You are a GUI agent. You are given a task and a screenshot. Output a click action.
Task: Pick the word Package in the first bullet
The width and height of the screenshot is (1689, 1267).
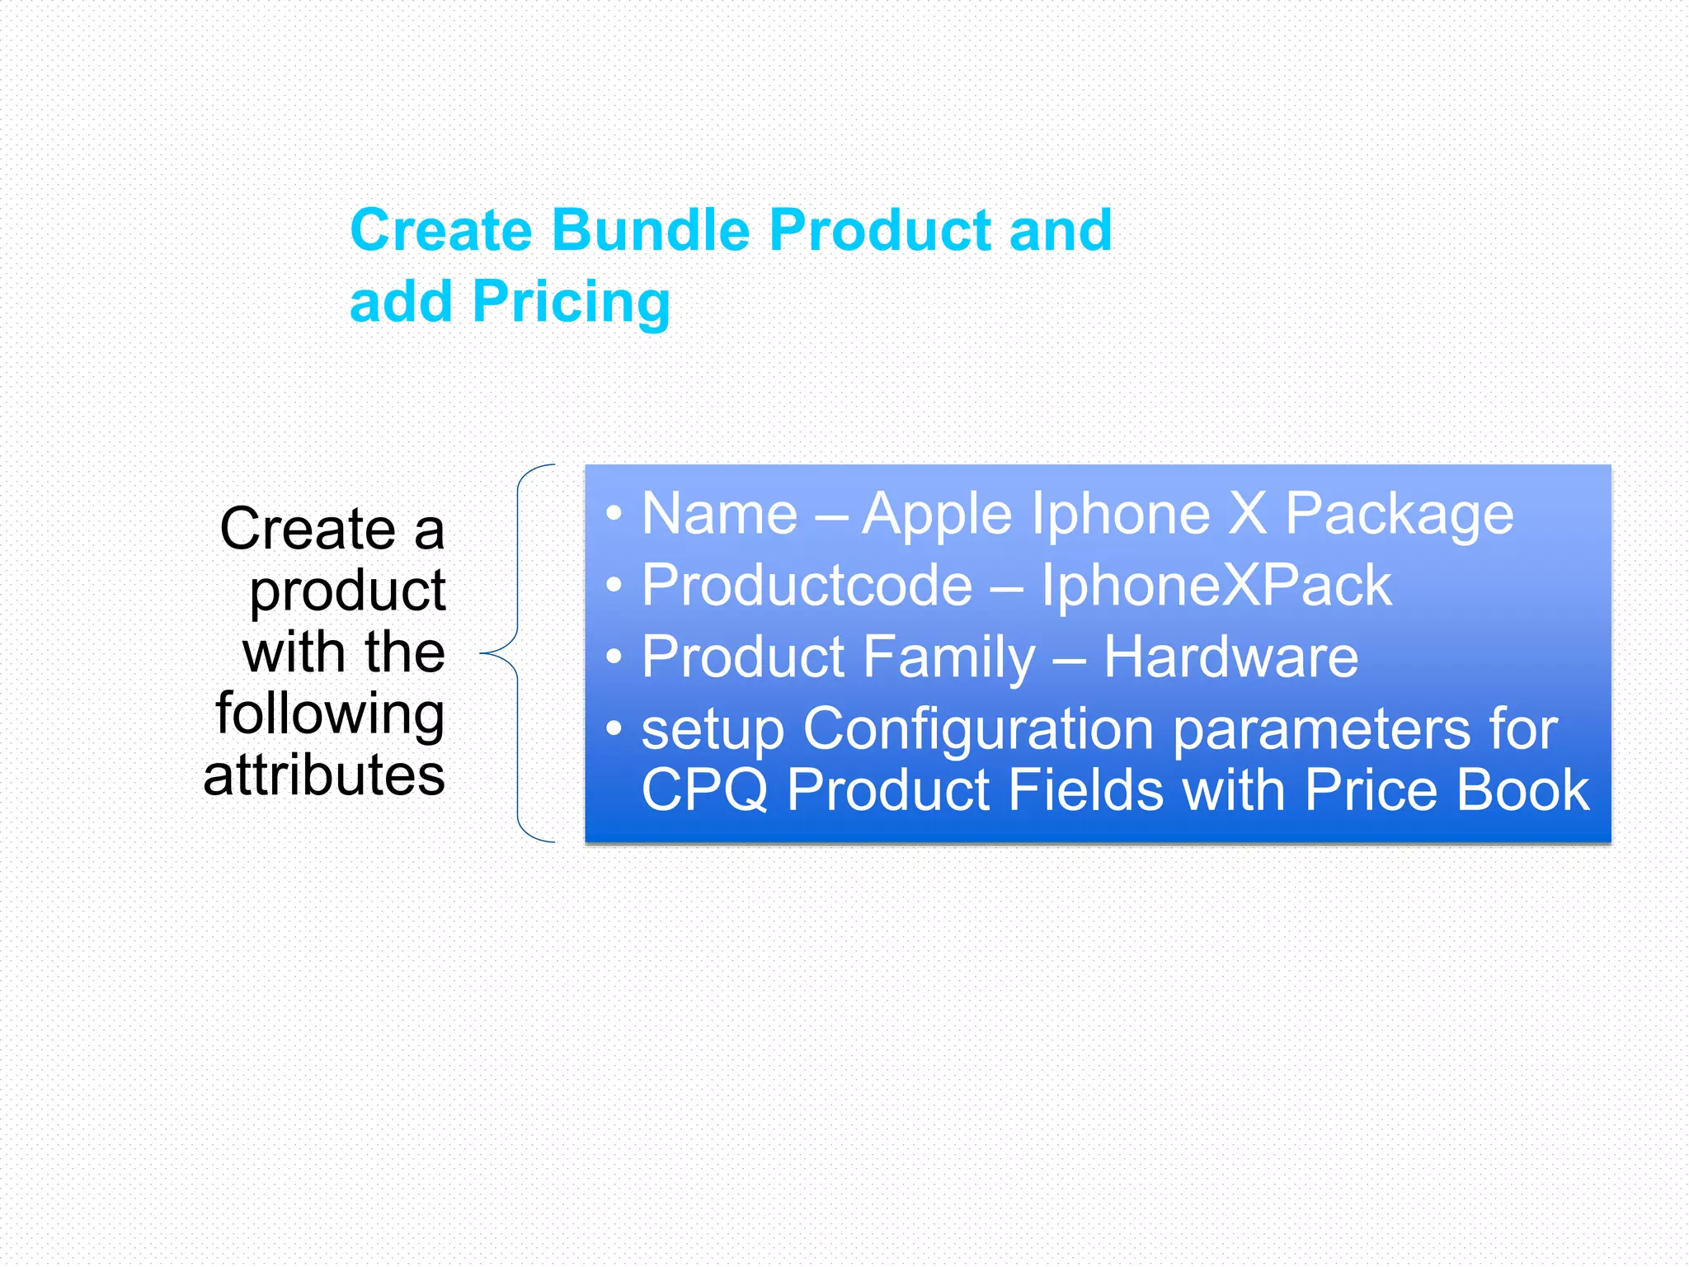pyautogui.click(x=1400, y=515)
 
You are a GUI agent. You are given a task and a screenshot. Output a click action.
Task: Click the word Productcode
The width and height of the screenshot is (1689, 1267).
pyautogui.click(x=807, y=586)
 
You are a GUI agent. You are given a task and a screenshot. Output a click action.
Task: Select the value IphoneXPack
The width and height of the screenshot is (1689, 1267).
pyautogui.click(x=1216, y=586)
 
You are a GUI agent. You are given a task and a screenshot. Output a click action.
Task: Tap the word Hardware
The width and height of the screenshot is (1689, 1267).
pyautogui.click(x=1230, y=657)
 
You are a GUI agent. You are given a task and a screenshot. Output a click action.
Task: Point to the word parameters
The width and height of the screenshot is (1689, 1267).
pyautogui.click(x=1321, y=730)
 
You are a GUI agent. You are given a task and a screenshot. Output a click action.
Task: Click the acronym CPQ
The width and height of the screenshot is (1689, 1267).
pyautogui.click(x=704, y=790)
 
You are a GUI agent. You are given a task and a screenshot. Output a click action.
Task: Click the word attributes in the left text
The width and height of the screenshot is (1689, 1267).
pyautogui.click(x=324, y=775)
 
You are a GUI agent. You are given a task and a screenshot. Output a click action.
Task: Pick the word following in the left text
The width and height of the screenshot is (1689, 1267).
pyautogui.click(x=330, y=714)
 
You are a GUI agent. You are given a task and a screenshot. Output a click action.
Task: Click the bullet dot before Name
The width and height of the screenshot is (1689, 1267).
pyautogui.click(x=613, y=514)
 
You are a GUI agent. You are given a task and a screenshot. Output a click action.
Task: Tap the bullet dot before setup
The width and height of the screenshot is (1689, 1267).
pyautogui.click(x=613, y=729)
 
